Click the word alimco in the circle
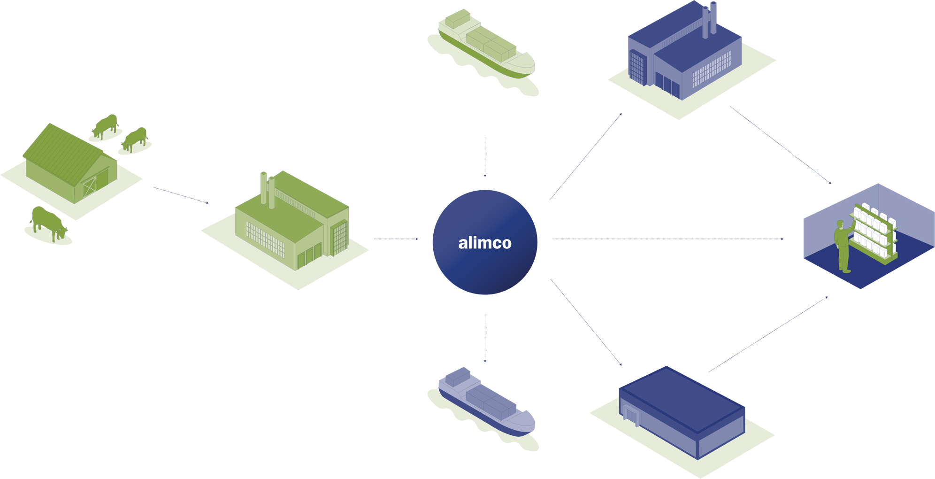pyautogui.click(x=485, y=243)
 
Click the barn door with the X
pyautogui.click(x=89, y=187)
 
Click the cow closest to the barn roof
pyautogui.click(x=106, y=126)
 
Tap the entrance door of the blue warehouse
pyautogui.click(x=631, y=416)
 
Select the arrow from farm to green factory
pyautogui.click(x=181, y=195)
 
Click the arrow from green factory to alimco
pyautogui.click(x=396, y=239)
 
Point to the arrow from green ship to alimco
pyautogui.click(x=485, y=157)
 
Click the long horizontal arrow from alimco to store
pyautogui.click(x=667, y=239)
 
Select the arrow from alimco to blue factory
pyautogui.click(x=586, y=156)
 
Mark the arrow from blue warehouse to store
pyautogui.click(x=768, y=334)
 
